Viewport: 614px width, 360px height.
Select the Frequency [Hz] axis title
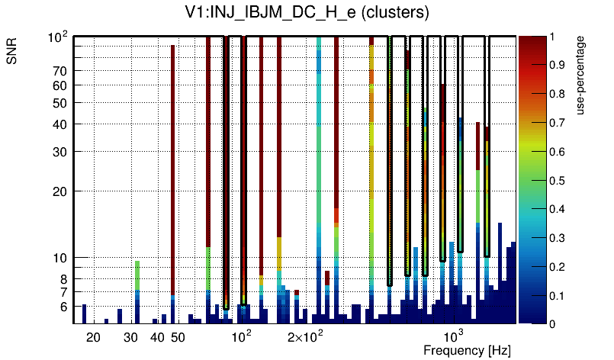[467, 350]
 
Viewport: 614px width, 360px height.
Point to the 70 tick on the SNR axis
[60, 71]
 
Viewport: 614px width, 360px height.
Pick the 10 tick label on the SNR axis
[60, 258]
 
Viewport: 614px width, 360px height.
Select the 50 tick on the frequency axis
[178, 337]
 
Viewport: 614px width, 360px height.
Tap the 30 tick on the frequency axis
[130, 337]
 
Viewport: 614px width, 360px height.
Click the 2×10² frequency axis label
[305, 336]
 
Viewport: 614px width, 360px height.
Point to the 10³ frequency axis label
[453, 336]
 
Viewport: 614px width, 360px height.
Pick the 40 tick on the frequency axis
[157, 337]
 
